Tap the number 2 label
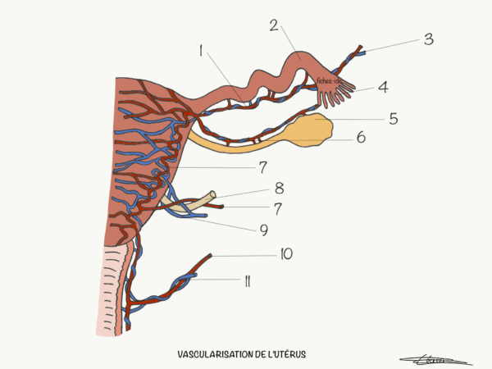pyautogui.click(x=273, y=25)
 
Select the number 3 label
pyautogui.click(x=428, y=39)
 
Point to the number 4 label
pyautogui.click(x=382, y=85)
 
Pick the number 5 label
pyautogui.click(x=394, y=119)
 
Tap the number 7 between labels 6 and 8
pyautogui.click(x=262, y=167)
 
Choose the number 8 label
pyautogui.click(x=279, y=188)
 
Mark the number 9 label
pyautogui.click(x=263, y=230)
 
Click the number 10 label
pyautogui.click(x=285, y=254)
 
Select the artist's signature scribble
pyautogui.click(x=434, y=358)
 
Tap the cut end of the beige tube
pyautogui.click(x=214, y=195)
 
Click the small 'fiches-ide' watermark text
pyautogui.click(x=330, y=80)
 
